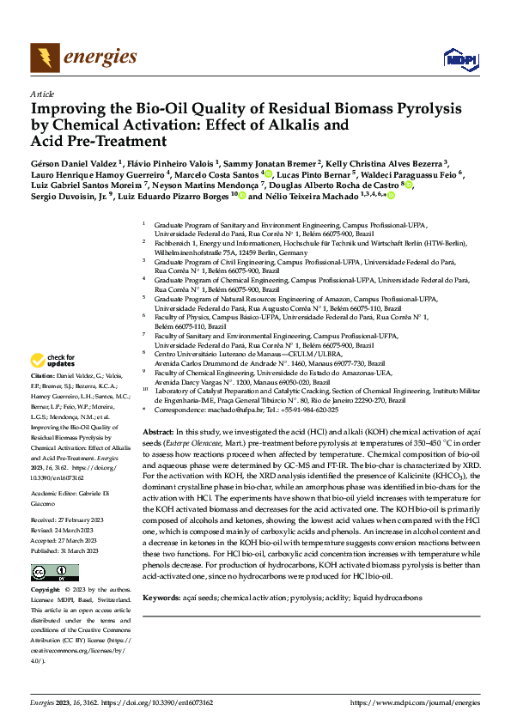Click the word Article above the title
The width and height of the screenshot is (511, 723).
(42, 94)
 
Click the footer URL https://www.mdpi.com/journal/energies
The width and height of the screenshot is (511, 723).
(416, 702)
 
